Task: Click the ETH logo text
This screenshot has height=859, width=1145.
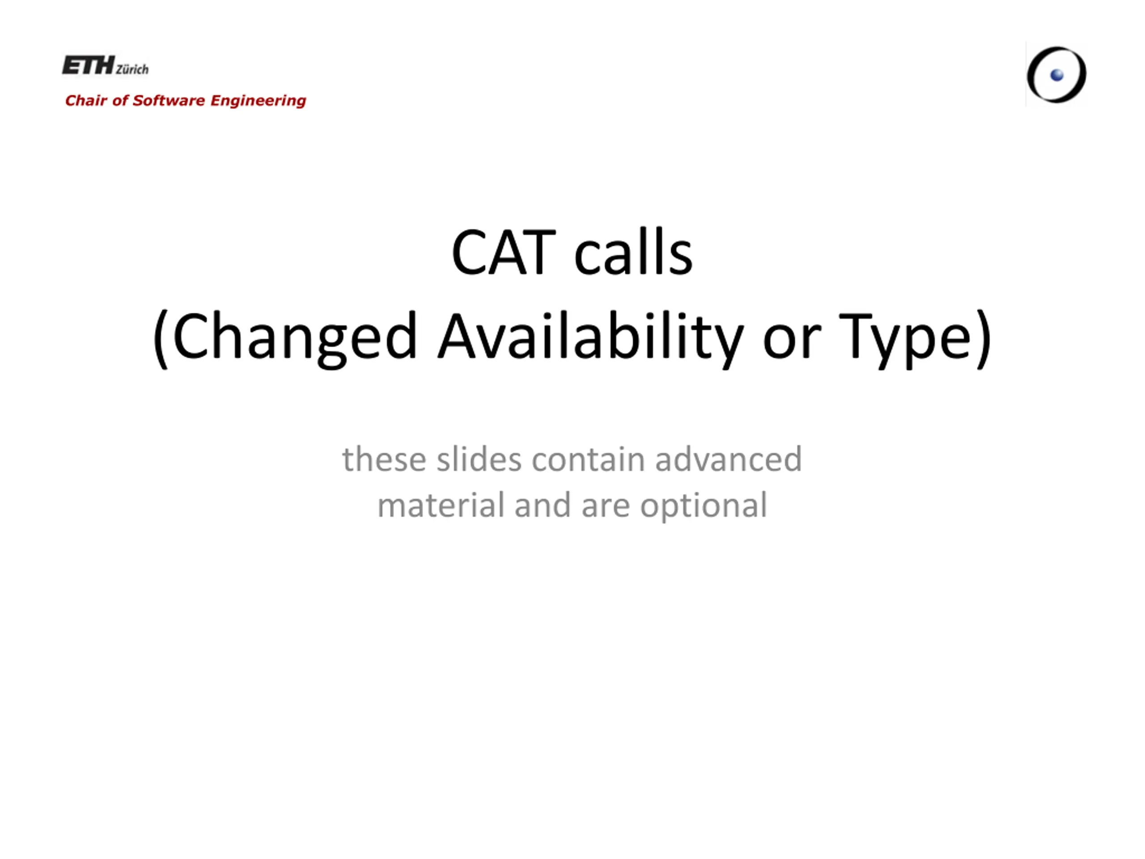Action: coord(89,65)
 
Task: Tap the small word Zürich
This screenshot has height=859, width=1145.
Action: coord(132,69)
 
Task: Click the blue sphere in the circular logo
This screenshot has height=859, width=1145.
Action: coord(1057,76)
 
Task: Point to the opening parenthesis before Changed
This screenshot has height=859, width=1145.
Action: coord(161,339)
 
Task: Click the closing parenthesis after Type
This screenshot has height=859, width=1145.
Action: coord(983,339)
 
